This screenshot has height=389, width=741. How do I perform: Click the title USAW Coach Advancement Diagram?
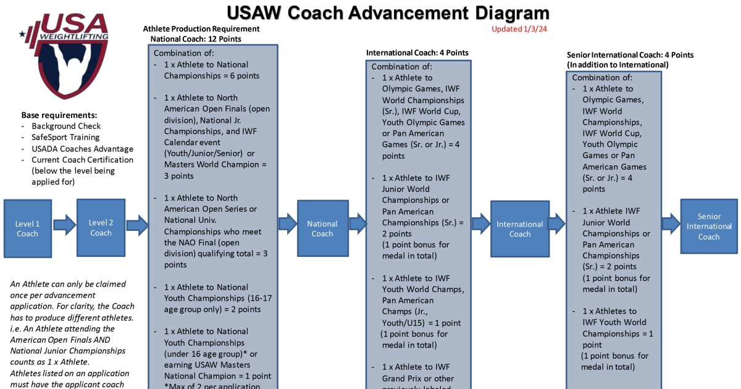click(x=388, y=13)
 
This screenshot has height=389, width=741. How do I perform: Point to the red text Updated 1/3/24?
click(x=519, y=29)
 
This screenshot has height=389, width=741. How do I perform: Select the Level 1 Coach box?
click(x=27, y=228)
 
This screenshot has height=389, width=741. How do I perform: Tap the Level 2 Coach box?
click(x=101, y=227)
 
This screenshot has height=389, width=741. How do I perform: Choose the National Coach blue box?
click(x=322, y=228)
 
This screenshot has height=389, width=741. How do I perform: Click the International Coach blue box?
click(x=520, y=228)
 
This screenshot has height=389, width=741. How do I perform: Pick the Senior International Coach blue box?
click(x=709, y=226)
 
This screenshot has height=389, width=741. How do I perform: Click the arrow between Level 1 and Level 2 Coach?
click(x=64, y=224)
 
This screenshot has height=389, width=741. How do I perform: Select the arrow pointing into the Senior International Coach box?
click(x=671, y=223)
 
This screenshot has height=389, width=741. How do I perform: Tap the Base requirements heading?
click(x=59, y=115)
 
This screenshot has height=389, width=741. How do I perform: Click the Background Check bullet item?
click(x=66, y=126)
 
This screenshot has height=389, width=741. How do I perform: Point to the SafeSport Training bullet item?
click(x=65, y=137)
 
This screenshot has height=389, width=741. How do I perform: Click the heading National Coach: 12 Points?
click(x=196, y=39)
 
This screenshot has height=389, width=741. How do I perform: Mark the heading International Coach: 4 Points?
click(x=417, y=52)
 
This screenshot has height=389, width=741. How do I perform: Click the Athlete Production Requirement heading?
click(x=201, y=29)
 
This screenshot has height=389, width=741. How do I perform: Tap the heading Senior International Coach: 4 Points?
click(x=630, y=55)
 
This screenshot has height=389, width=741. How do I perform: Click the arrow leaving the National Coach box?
click(x=358, y=224)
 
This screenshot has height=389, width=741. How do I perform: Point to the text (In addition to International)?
click(x=617, y=65)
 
